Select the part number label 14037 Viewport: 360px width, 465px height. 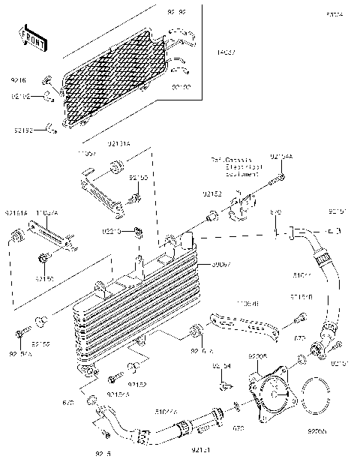pos(225,52)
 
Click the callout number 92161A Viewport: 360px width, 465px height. pos(15,213)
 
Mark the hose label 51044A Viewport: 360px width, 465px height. pos(166,411)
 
